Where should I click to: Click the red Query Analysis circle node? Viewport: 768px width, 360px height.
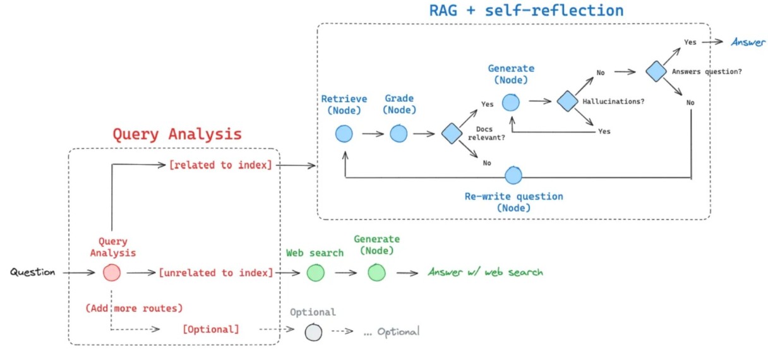(112, 272)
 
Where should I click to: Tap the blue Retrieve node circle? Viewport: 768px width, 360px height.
(344, 133)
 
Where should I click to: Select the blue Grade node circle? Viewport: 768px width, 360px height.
(399, 133)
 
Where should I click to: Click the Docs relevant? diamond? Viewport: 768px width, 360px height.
(452, 133)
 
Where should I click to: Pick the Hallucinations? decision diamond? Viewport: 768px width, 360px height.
(567, 100)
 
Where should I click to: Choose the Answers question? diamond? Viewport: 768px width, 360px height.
(657, 71)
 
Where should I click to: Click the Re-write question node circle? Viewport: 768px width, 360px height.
(513, 175)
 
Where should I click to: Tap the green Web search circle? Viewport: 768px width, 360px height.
(315, 272)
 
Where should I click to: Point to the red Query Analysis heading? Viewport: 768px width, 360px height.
(177, 134)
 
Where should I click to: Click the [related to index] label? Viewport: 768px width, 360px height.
(220, 165)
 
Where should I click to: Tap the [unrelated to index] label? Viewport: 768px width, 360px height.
(216, 273)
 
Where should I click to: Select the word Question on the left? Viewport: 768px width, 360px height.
(32, 272)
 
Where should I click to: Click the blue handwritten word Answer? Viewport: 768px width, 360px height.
(748, 42)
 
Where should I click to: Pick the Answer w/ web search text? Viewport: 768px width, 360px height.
(485, 272)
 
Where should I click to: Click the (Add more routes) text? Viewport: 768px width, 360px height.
(134, 308)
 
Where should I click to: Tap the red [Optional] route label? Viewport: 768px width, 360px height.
(210, 330)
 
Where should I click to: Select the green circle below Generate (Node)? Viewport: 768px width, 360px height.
(377, 272)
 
